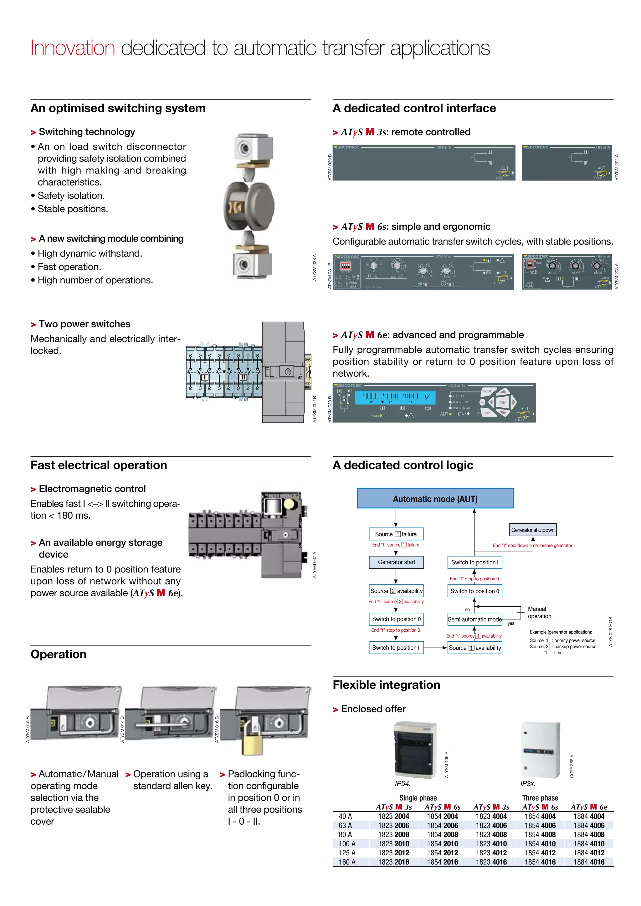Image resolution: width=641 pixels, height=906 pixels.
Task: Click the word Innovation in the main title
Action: click(x=73, y=48)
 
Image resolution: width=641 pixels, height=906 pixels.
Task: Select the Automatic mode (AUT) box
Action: click(x=435, y=498)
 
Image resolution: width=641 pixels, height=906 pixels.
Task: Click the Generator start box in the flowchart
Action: click(x=396, y=562)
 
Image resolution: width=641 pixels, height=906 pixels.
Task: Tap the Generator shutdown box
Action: click(x=532, y=530)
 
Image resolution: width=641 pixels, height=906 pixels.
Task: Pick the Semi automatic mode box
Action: click(x=474, y=619)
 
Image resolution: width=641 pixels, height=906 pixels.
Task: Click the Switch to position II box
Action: click(x=396, y=648)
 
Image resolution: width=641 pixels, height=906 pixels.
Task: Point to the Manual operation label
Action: click(x=539, y=613)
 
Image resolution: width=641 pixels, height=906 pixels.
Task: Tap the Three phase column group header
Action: click(x=540, y=798)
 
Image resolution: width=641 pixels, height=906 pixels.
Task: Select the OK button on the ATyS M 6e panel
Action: click(x=502, y=403)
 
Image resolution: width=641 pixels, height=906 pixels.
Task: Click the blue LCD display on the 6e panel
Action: click(x=395, y=397)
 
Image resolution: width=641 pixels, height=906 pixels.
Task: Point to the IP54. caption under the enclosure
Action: click(x=402, y=783)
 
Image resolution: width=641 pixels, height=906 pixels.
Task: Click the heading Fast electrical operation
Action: click(x=99, y=465)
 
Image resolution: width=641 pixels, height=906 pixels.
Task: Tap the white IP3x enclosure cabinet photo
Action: click(x=540, y=750)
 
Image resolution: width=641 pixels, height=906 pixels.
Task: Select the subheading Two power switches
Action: click(x=84, y=324)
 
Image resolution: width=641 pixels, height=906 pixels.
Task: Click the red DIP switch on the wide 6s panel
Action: click(x=345, y=266)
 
